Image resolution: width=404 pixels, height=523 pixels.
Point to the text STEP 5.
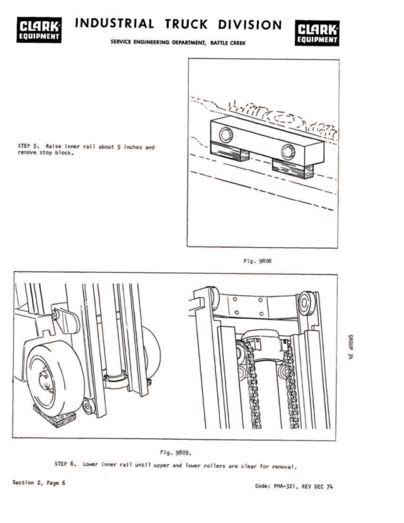click(25, 147)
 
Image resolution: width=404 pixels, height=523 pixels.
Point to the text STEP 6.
click(66, 464)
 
